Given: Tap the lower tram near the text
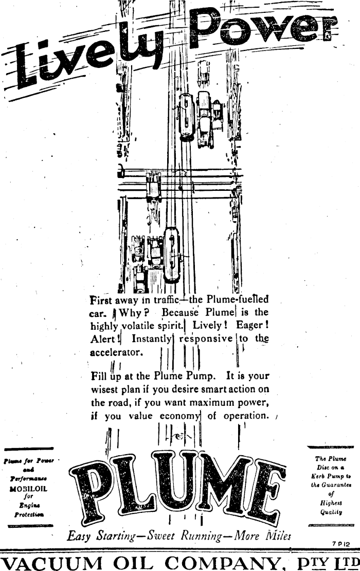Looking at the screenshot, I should click(x=171, y=255).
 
